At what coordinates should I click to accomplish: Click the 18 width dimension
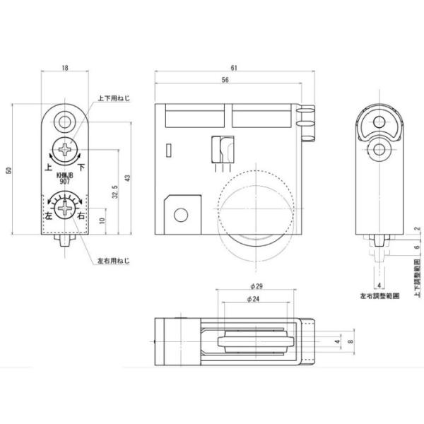tap(64, 68)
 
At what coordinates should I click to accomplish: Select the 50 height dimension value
tap(8, 170)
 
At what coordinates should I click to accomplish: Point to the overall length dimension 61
tap(233, 68)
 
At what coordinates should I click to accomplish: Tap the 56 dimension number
tap(225, 81)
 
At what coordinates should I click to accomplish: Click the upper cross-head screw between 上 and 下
tap(66, 150)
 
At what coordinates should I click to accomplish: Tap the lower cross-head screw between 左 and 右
tap(66, 208)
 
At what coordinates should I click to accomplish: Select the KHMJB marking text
tap(66, 174)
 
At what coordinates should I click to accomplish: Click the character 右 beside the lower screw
tap(81, 214)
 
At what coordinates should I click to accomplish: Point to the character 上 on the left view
tap(48, 167)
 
